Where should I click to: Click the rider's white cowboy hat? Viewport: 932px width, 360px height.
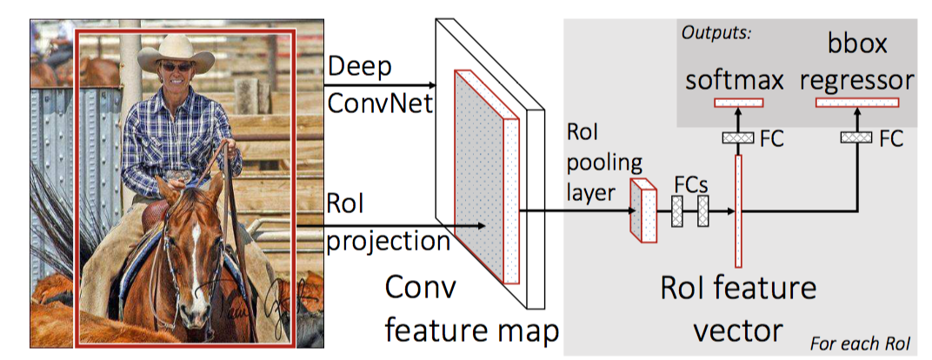176,53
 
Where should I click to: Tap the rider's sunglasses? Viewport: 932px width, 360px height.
176,67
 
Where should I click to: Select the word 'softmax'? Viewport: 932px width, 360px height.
735,80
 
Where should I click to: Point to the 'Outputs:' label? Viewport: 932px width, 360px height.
716,33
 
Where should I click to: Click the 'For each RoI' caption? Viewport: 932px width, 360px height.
861,344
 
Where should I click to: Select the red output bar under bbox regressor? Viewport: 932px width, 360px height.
857,103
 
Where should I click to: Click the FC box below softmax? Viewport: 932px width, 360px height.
737,137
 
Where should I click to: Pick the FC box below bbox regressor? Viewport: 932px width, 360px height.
856,137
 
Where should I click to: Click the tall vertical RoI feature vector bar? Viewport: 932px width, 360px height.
738,211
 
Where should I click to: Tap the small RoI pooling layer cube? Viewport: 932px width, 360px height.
643,211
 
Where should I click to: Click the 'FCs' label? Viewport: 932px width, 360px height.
691,184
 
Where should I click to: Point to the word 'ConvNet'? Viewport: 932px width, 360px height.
381,105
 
